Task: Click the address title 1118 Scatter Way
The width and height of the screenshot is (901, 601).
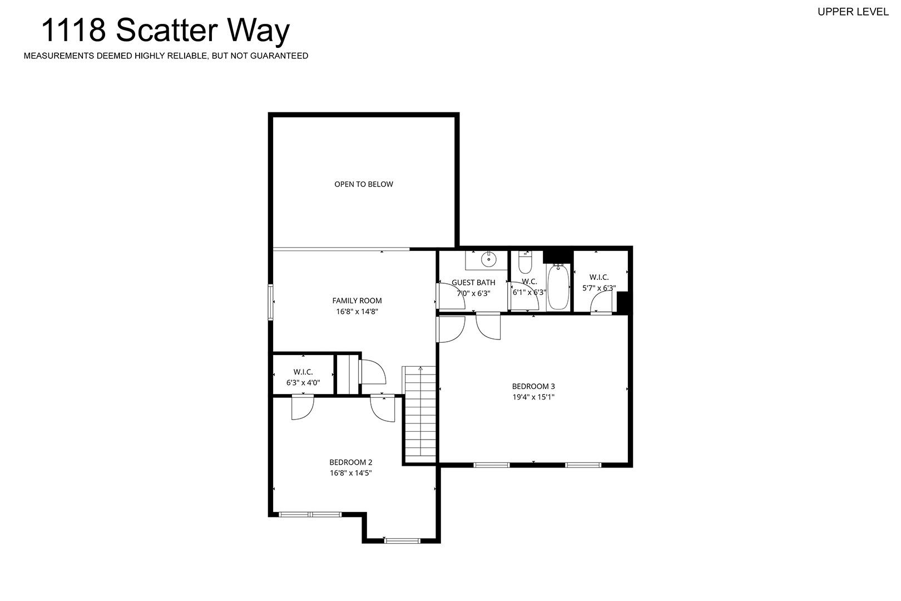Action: pyautogui.click(x=165, y=31)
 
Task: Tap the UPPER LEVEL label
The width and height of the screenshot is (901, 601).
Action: pyautogui.click(x=853, y=12)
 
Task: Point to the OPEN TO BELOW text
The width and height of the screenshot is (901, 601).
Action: pyautogui.click(x=364, y=184)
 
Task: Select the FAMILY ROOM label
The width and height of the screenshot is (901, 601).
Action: pyautogui.click(x=357, y=300)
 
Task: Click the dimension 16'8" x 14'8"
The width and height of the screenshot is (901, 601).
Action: pyautogui.click(x=357, y=312)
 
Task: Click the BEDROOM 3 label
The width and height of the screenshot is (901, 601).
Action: pyautogui.click(x=533, y=386)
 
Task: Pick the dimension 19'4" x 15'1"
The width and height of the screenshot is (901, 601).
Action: pyautogui.click(x=533, y=397)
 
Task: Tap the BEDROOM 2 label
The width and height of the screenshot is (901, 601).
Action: pyautogui.click(x=351, y=462)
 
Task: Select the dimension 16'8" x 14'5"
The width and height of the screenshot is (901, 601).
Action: pyautogui.click(x=351, y=473)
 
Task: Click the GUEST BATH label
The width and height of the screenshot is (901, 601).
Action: pyautogui.click(x=473, y=283)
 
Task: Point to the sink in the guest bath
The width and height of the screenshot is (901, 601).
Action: pyautogui.click(x=488, y=259)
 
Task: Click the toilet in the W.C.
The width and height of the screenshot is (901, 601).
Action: pyautogui.click(x=526, y=262)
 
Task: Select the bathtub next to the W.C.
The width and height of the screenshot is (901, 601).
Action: pyautogui.click(x=558, y=287)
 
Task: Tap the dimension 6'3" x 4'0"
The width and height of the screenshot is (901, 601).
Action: pyautogui.click(x=303, y=383)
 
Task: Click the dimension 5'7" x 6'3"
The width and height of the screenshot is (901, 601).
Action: pyautogui.click(x=599, y=288)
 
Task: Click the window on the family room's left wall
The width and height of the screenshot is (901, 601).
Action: pyautogui.click(x=271, y=302)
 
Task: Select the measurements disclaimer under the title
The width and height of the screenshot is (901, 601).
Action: pyautogui.click(x=166, y=56)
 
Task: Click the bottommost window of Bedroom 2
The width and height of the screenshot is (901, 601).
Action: pyautogui.click(x=402, y=540)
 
